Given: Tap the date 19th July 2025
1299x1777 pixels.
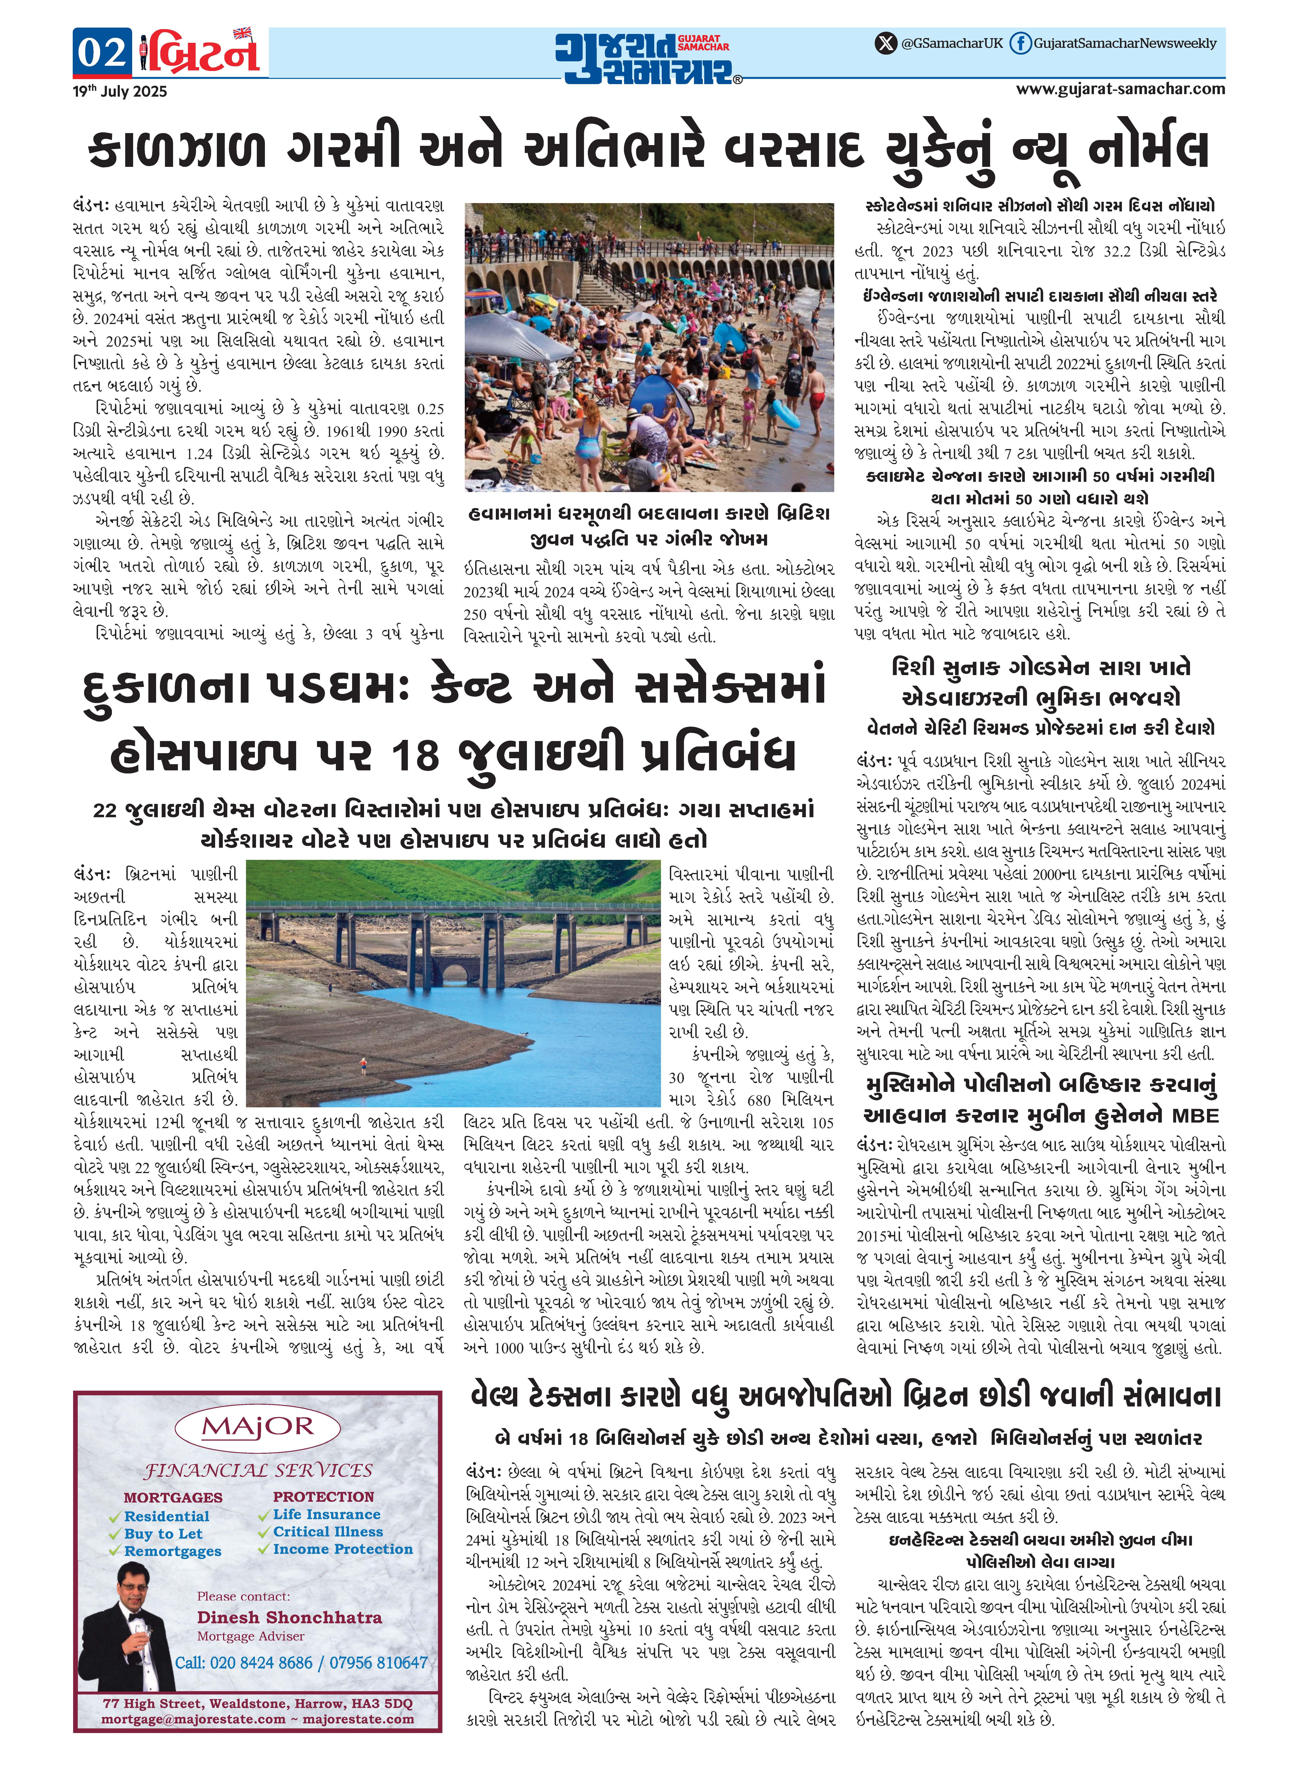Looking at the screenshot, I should [120, 91].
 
